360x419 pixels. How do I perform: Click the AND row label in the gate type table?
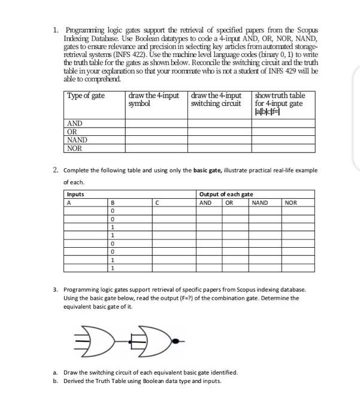click(74, 123)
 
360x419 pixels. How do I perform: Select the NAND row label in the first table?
click(77, 140)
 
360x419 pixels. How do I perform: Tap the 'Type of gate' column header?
click(86, 96)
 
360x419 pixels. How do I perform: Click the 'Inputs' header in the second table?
click(75, 194)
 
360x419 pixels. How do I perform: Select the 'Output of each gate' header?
click(226, 194)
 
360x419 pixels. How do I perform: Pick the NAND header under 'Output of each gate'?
click(260, 202)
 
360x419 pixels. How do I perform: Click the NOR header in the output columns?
click(291, 202)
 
